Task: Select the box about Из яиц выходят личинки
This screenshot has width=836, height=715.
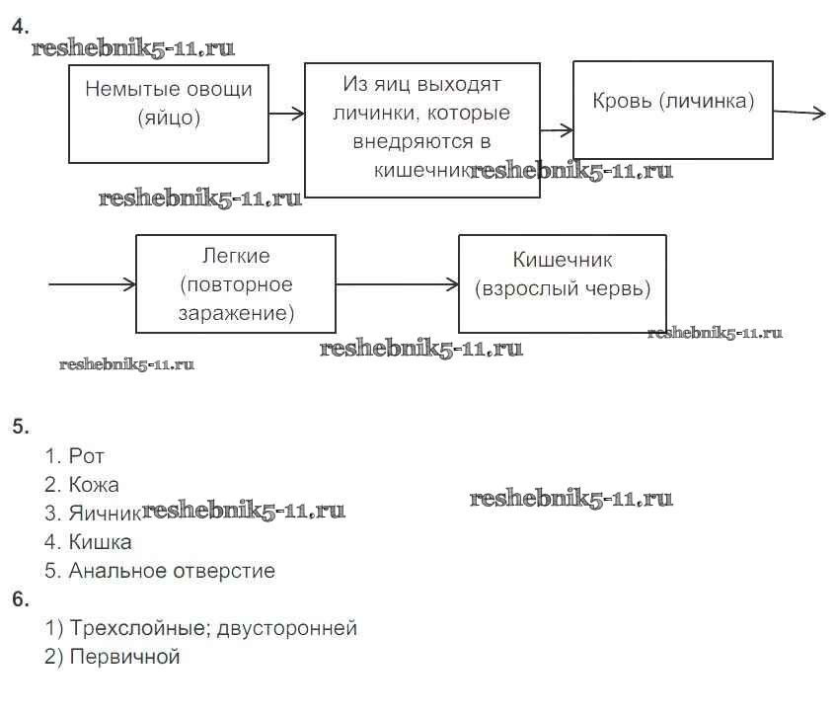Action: pos(421,129)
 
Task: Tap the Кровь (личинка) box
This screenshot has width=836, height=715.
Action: pos(672,109)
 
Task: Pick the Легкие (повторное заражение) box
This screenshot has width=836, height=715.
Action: pos(235,282)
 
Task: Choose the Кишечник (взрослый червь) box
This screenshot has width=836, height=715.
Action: pos(562,282)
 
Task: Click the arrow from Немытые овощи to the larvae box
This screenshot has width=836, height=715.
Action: pos(286,114)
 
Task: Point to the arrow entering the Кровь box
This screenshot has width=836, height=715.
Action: pos(557,129)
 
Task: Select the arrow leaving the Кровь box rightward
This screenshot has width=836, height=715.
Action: pos(799,114)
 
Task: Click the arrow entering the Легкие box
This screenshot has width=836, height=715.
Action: pos(92,284)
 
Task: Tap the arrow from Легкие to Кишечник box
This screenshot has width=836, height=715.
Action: pos(397,284)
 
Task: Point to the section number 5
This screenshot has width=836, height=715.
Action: pos(20,427)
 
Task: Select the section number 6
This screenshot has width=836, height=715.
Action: pos(20,598)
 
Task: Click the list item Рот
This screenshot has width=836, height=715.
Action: pos(87,456)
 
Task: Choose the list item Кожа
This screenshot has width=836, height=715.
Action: pos(94,485)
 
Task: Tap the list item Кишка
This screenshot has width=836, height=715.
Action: pos(100,542)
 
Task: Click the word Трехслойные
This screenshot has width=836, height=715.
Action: pos(137,628)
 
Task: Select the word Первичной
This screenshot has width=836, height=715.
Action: pos(124,657)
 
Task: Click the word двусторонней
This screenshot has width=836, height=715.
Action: pos(287,628)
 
